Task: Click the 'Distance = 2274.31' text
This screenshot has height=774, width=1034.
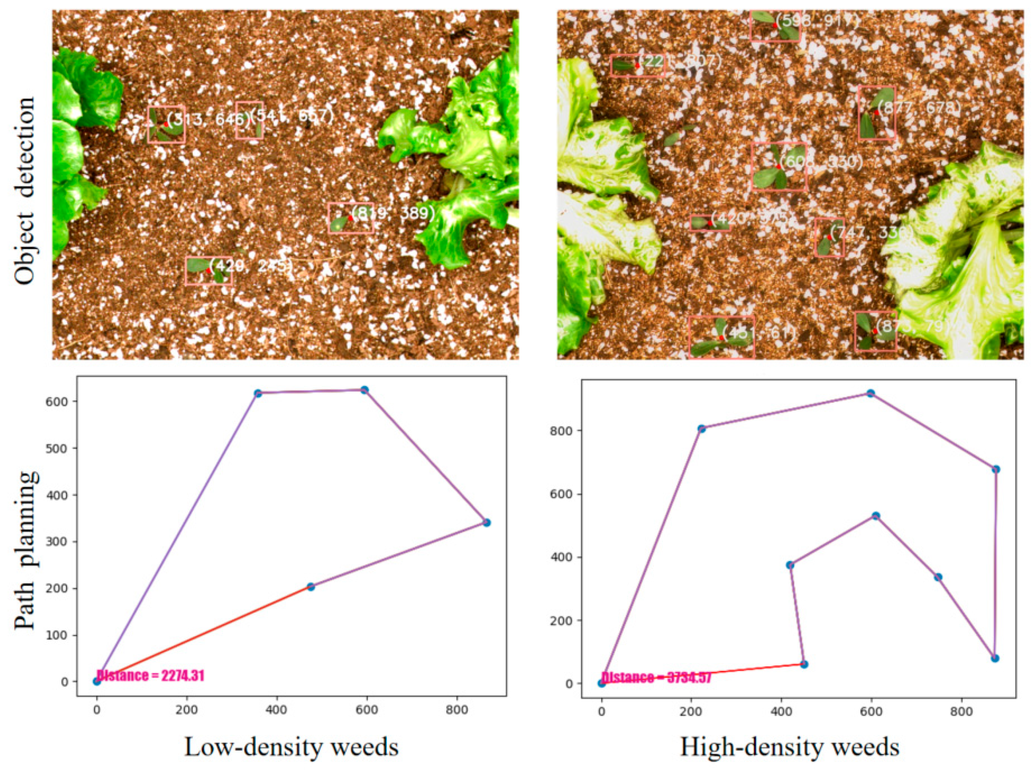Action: (x=150, y=676)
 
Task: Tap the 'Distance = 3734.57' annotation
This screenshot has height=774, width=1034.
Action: (x=656, y=678)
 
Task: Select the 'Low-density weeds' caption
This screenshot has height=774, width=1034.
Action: (x=291, y=747)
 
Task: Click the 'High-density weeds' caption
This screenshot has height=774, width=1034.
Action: (x=790, y=747)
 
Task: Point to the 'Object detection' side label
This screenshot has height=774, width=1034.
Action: (x=24, y=191)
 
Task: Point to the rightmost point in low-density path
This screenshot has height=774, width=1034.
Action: (x=487, y=523)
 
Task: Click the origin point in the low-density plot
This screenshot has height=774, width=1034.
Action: (x=97, y=682)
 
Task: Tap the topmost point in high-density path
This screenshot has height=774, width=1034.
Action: (x=870, y=394)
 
